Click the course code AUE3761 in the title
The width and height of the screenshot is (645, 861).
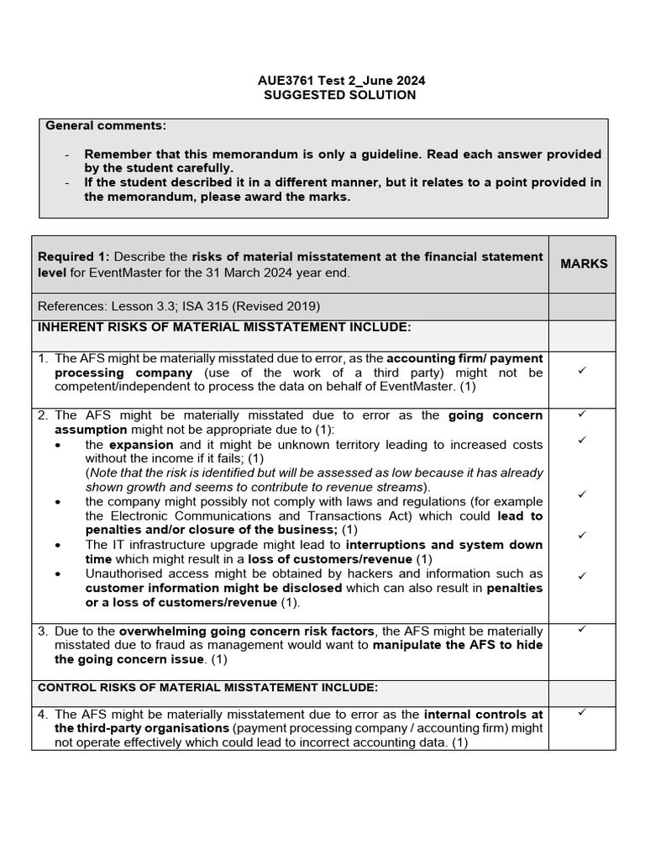tap(282, 81)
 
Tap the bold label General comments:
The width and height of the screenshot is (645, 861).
tap(106, 126)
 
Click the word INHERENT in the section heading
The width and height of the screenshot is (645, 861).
tap(68, 326)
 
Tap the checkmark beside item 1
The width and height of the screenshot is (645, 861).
tap(581, 371)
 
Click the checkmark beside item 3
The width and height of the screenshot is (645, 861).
tap(581, 629)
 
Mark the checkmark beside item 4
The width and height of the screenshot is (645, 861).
tap(581, 713)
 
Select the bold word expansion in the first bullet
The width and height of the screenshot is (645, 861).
tap(141, 444)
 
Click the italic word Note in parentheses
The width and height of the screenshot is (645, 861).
tap(104, 473)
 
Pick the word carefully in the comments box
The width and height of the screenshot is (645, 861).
tap(202, 168)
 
